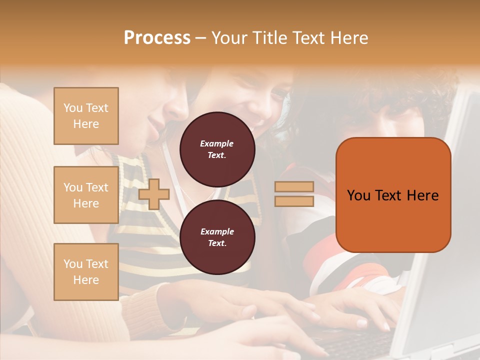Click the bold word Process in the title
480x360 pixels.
[157, 38]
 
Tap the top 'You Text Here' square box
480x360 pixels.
[86, 116]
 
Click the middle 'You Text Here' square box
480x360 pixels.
[86, 195]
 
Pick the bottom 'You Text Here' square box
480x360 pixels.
[86, 272]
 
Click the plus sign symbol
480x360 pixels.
[153, 193]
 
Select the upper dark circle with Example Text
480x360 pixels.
[217, 149]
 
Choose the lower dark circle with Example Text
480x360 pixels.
[217, 237]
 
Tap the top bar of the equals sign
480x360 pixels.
[294, 186]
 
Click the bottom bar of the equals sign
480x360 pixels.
[294, 201]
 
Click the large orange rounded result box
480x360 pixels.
[393, 195]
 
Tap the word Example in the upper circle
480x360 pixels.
[216, 143]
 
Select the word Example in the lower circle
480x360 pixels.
[216, 231]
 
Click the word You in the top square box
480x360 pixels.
[73, 108]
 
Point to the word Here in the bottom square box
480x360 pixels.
[86, 280]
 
